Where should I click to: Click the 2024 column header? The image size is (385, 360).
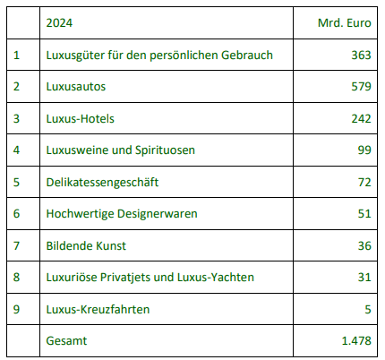(x=59, y=23)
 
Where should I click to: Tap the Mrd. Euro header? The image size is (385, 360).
(x=345, y=23)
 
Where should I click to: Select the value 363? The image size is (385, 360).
(x=361, y=55)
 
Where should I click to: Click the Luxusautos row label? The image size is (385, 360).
(x=76, y=87)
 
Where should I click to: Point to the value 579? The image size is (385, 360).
(x=361, y=87)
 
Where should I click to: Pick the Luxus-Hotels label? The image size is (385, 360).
(x=80, y=118)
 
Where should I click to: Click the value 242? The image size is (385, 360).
(x=361, y=118)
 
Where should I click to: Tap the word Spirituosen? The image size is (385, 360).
(x=165, y=150)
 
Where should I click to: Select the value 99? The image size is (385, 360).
(x=364, y=150)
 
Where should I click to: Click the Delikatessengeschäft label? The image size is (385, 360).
(x=102, y=183)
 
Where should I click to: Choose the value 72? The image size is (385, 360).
(x=364, y=182)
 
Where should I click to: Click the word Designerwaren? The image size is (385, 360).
(x=158, y=214)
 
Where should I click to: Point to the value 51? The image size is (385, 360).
(x=364, y=214)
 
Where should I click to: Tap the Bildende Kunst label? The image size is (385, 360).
(x=86, y=245)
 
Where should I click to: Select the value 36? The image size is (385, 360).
(x=364, y=245)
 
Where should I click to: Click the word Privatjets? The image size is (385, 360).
(x=125, y=278)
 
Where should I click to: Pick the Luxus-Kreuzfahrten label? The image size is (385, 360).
(x=98, y=309)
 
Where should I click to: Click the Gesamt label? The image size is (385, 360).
(x=66, y=341)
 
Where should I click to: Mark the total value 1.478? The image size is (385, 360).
(x=356, y=341)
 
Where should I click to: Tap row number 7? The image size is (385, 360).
(x=16, y=245)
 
